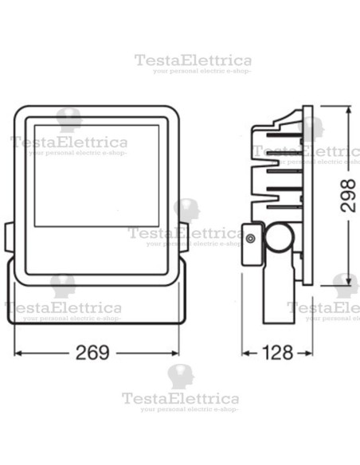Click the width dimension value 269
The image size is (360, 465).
(94, 352)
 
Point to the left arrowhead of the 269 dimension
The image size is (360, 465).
(11, 352)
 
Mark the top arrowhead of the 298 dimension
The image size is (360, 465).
(348, 106)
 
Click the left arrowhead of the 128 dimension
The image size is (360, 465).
(245, 352)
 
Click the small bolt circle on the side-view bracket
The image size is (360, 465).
(252, 238)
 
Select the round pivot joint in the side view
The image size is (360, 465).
(278, 238)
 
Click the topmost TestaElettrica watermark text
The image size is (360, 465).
(193, 61)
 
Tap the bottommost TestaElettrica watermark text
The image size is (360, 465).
(180, 397)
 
